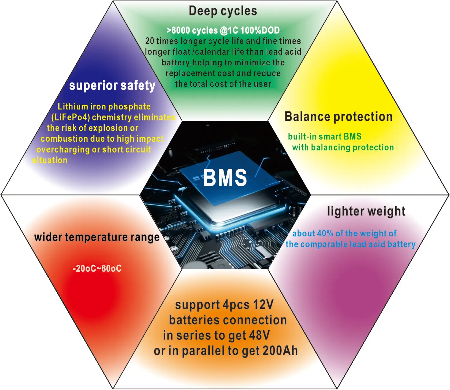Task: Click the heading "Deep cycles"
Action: click(223, 11)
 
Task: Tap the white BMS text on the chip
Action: click(225, 177)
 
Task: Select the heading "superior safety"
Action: click(112, 86)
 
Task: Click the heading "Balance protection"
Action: click(339, 117)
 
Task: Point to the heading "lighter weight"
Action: click(366, 211)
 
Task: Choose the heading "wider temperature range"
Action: click(97, 237)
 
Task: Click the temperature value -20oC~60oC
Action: click(97, 268)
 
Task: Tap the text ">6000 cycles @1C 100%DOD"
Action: click(223, 30)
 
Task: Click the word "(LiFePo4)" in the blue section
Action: click(71, 117)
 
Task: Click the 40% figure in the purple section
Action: click(325, 233)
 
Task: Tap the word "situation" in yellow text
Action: click(50, 160)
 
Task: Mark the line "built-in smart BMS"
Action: click(324, 137)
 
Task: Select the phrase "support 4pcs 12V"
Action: click(224, 305)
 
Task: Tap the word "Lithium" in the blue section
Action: click(73, 106)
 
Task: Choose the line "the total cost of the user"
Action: click(223, 84)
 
